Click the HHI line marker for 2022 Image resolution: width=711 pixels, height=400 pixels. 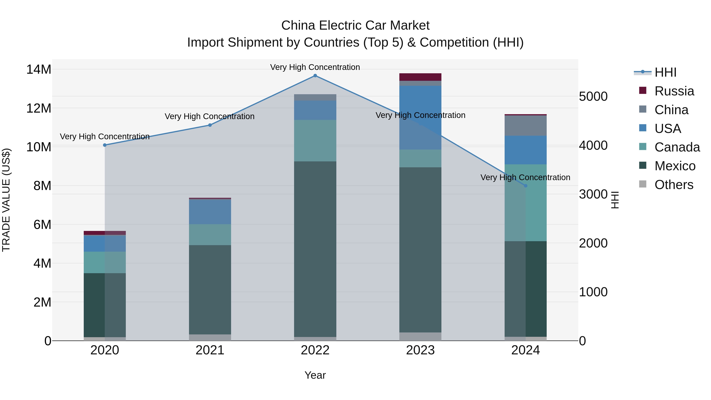[315, 76]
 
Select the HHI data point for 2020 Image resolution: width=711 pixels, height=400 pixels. [105, 145]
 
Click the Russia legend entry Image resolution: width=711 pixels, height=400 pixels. [674, 91]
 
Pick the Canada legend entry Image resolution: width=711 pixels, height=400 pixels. [677, 147]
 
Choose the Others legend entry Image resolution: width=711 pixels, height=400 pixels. [673, 185]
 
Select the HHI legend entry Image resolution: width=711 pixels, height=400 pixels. [665, 72]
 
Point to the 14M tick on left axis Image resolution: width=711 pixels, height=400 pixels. [39, 69]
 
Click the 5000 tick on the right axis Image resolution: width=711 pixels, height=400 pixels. [593, 97]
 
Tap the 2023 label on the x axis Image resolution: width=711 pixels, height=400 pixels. [420, 350]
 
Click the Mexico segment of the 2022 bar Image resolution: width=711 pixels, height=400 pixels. [315, 248]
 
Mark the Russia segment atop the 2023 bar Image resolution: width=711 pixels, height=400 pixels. [420, 77]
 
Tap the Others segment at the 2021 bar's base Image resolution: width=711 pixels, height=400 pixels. [210, 337]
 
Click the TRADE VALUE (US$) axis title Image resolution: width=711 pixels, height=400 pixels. [6, 200]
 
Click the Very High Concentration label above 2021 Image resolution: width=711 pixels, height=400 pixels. [210, 117]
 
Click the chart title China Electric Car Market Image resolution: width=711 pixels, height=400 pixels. [355, 25]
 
